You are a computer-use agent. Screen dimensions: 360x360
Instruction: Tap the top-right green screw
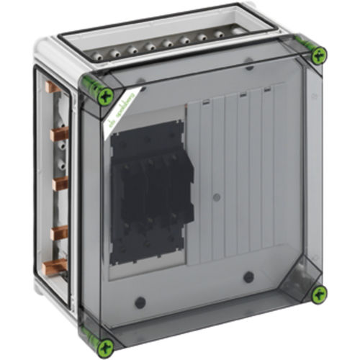coord(318,54)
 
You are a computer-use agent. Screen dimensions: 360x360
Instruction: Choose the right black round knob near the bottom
coord(248,277)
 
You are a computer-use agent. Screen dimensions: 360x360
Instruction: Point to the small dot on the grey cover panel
coord(216,195)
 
